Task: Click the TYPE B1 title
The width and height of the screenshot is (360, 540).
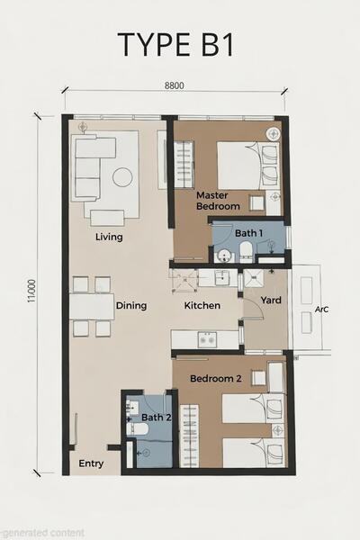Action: click(x=175, y=44)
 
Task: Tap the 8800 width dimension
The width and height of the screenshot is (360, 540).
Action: click(x=175, y=85)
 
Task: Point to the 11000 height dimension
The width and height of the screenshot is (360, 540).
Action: click(x=31, y=291)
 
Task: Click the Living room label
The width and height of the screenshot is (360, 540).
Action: click(x=109, y=237)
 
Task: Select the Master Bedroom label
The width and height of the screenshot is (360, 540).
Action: click(x=218, y=201)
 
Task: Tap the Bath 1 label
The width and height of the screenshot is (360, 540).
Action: click(x=248, y=233)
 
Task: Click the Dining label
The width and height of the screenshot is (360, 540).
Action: click(x=131, y=305)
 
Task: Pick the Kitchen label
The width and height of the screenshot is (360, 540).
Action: click(x=202, y=305)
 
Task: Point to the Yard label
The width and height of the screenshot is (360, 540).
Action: click(x=271, y=300)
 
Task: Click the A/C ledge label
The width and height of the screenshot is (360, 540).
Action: click(x=321, y=310)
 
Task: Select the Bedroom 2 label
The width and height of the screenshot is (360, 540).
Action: click(x=216, y=379)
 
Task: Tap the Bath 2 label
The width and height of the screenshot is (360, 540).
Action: click(x=157, y=418)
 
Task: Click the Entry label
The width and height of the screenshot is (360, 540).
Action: click(x=91, y=463)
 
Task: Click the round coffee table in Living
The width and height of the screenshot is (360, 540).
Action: click(x=122, y=177)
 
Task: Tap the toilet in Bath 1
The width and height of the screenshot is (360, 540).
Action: click(x=246, y=252)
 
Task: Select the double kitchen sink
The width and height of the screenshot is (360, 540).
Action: click(x=207, y=340)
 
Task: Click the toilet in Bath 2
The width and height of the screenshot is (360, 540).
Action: click(x=137, y=429)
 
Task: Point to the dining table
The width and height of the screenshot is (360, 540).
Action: click(x=92, y=307)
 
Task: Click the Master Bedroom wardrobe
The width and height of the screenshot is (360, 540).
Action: click(x=184, y=164)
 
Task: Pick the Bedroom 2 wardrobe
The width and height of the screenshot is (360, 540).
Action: click(x=190, y=436)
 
